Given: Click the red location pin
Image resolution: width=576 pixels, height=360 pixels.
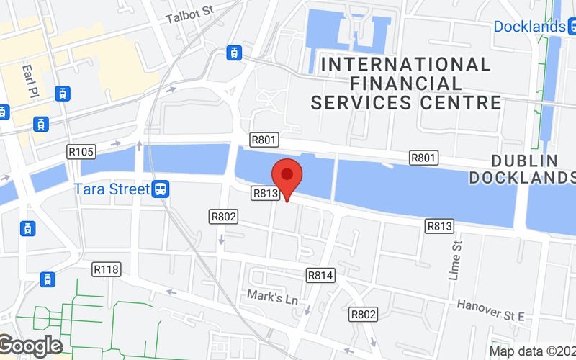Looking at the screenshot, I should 287,176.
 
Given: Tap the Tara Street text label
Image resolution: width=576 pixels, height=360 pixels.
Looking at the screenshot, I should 112,190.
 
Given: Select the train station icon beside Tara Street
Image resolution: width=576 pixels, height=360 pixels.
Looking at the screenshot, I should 161,189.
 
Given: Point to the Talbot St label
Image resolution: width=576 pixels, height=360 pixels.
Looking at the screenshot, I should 190,15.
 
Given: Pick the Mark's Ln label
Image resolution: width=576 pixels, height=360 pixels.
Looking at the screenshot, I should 267,295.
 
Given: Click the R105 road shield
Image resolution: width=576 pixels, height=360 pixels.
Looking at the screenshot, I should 81,151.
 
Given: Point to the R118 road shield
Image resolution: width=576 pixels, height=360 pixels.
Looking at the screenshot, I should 107,269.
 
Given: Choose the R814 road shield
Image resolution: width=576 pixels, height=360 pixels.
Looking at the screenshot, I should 320,274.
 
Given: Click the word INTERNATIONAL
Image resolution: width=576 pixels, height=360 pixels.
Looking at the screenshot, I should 406,64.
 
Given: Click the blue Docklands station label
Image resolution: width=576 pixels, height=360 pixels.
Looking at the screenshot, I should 529,27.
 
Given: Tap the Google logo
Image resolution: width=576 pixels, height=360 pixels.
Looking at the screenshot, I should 30,346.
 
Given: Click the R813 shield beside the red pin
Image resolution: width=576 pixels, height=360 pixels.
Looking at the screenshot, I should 265,193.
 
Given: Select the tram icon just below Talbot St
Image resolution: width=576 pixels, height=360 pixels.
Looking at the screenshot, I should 233,52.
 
